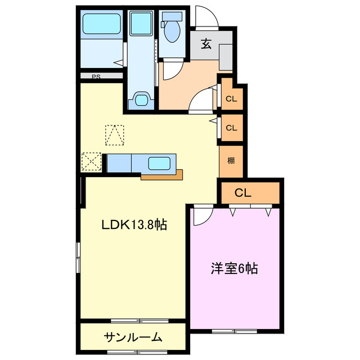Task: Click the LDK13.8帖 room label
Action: point(134,225)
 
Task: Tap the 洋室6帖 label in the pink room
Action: point(234,269)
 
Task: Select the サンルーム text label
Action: point(133,337)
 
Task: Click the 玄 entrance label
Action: point(206,44)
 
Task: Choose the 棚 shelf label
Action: point(231,161)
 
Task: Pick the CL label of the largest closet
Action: point(242,193)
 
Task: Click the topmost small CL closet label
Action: point(231,100)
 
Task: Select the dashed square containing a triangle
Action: point(114,134)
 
